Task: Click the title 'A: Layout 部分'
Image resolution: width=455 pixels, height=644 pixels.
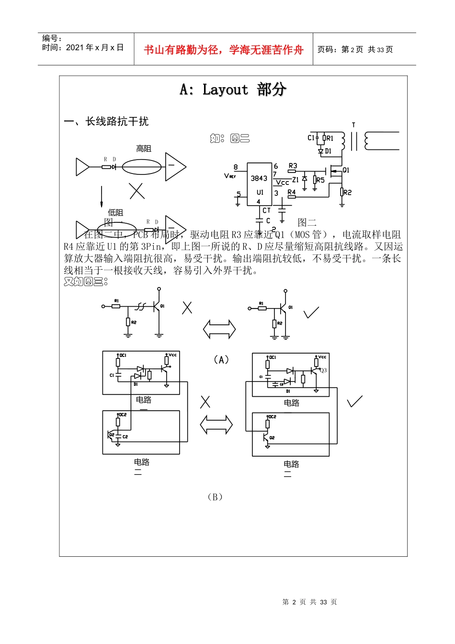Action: click(x=233, y=90)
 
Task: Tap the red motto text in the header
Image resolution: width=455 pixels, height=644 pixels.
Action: click(x=223, y=50)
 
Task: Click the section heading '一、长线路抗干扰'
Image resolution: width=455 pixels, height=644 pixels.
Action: click(x=106, y=122)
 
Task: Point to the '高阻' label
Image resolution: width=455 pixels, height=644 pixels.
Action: click(x=143, y=149)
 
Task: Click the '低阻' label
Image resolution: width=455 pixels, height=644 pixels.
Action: click(x=115, y=212)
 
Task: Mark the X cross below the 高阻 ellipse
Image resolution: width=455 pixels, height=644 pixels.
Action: click(x=137, y=191)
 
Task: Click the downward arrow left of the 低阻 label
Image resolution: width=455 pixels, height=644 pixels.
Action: click(x=102, y=196)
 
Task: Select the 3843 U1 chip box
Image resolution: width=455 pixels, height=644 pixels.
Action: click(x=259, y=184)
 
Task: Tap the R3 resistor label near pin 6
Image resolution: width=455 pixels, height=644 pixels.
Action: click(x=293, y=166)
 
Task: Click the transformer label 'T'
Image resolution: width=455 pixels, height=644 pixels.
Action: click(x=353, y=125)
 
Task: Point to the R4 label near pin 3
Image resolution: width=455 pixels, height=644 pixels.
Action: click(x=291, y=192)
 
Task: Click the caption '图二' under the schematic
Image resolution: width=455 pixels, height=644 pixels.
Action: click(x=307, y=222)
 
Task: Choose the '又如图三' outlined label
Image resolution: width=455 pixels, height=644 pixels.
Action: click(x=86, y=282)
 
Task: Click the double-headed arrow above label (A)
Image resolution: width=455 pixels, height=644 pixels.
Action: click(x=219, y=329)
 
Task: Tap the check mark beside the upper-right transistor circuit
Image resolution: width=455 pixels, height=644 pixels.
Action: click(x=311, y=312)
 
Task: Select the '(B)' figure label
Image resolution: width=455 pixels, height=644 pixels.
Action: click(x=215, y=497)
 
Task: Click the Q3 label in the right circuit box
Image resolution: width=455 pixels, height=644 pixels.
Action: click(x=323, y=370)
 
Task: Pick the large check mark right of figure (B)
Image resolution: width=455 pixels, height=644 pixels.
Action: click(x=355, y=401)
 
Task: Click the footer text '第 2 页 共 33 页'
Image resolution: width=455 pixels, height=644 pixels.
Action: click(x=309, y=602)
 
